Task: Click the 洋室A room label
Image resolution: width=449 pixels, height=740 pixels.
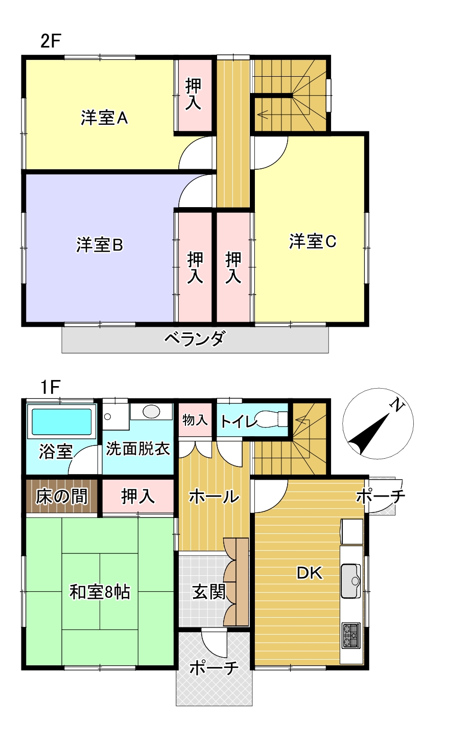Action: (104, 119)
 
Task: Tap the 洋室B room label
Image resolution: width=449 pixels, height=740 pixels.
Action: (100, 245)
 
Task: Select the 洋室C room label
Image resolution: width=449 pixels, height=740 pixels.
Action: (313, 241)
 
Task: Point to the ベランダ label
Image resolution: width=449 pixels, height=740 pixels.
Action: (195, 339)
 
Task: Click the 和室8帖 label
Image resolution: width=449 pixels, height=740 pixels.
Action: (100, 592)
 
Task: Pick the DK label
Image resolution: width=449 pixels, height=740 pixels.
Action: (310, 573)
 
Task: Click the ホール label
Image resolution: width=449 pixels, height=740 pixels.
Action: (214, 496)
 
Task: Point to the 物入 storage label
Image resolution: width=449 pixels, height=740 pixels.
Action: (195, 420)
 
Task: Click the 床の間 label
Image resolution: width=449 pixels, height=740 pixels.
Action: (61, 496)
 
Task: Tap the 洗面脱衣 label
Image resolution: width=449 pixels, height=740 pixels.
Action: (138, 449)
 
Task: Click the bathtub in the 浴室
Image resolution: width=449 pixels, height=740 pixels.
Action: (62, 422)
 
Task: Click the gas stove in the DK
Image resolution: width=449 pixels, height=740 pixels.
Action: (351, 635)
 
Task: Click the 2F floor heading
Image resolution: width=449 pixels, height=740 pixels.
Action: (51, 41)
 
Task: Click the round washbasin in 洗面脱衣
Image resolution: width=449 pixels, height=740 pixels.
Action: (151, 411)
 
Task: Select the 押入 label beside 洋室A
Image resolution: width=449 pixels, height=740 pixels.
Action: (194, 94)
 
